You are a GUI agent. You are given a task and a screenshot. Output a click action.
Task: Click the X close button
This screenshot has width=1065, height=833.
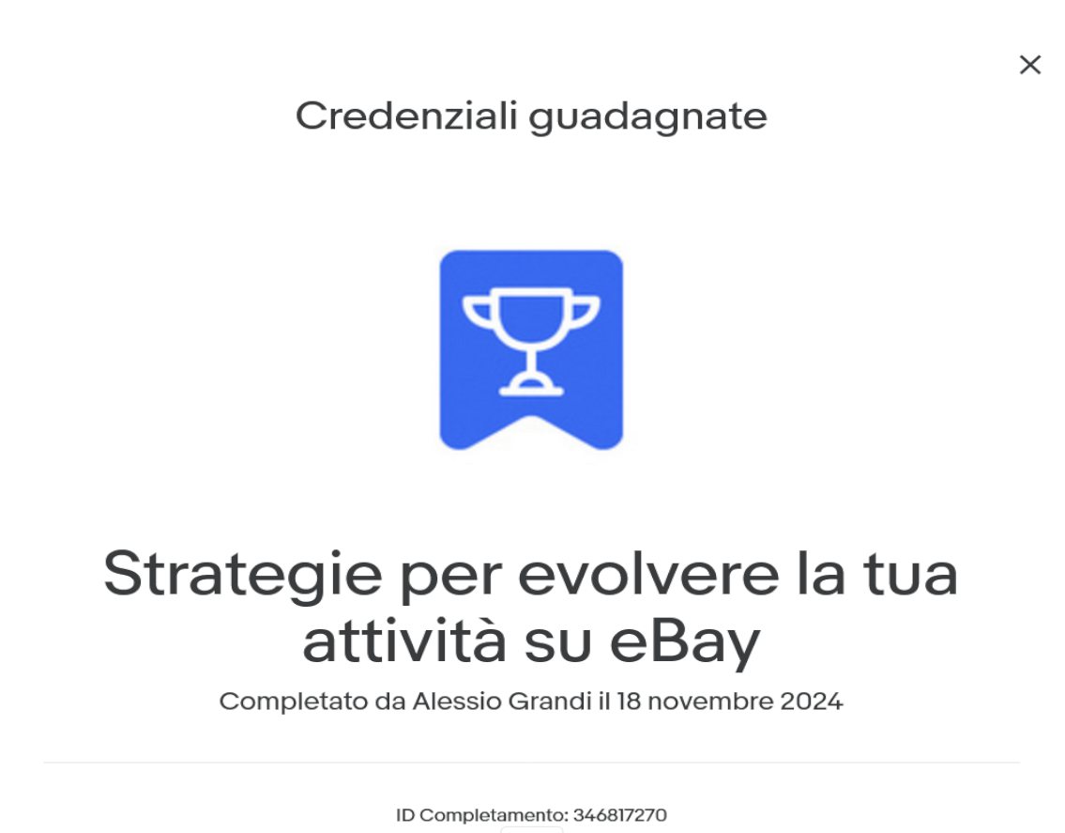1029,65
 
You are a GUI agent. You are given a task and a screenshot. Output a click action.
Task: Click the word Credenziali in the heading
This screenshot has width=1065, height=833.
407,116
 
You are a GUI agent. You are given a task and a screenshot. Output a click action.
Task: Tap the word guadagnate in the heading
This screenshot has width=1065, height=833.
648,117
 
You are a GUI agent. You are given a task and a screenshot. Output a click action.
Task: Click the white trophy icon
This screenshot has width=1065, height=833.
531,341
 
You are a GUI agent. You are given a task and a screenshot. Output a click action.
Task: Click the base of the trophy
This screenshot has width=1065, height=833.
531,386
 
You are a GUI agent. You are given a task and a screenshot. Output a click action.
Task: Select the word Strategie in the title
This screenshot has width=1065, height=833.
242,576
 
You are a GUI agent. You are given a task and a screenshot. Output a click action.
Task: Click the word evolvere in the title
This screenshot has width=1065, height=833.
648,575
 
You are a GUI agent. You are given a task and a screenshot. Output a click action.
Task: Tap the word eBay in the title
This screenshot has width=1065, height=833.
685,642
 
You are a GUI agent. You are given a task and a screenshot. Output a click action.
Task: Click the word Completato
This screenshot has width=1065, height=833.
294,702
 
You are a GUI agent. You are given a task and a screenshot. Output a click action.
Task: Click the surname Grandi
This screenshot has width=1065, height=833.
550,702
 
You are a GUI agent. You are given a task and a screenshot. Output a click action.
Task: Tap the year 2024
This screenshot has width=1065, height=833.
812,702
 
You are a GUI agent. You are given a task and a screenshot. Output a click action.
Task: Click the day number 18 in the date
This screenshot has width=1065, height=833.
629,702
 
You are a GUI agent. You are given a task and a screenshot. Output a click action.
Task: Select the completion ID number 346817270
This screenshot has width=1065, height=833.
620,814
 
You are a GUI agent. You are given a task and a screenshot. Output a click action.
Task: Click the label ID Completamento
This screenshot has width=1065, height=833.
481,815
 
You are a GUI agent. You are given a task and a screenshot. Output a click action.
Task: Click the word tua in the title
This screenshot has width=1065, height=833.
911,575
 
